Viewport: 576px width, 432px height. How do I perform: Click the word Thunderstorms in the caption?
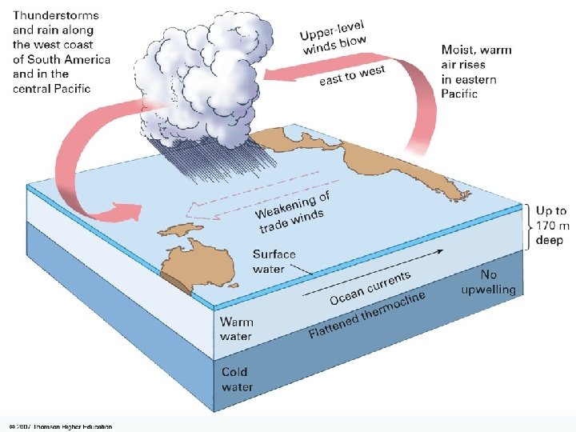coord(54,15)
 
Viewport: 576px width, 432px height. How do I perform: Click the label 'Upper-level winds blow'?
coord(333,38)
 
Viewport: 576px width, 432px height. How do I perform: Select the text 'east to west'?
coord(352,75)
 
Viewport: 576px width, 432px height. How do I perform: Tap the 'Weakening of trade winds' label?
coord(292,209)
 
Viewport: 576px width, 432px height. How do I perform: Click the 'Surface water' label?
coord(274,261)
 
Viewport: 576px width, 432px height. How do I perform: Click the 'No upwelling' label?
coord(488,282)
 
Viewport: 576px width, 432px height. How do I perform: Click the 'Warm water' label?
coord(237,329)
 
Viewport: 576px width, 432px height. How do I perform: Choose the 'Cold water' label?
coord(237,379)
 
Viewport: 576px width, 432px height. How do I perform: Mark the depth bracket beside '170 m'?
coord(529,226)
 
